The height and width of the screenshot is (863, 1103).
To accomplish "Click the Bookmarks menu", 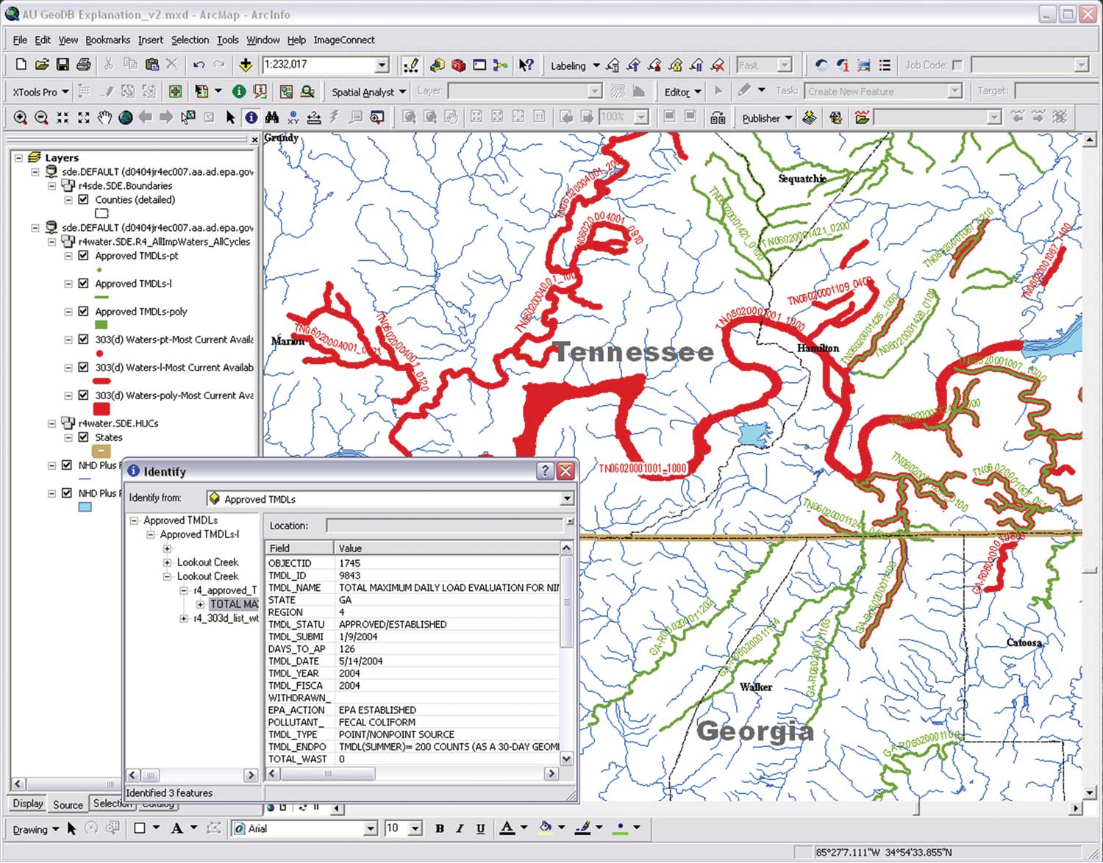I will coord(107,40).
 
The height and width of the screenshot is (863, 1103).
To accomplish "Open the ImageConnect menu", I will coord(343,40).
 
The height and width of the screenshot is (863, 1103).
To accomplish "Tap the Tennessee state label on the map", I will coord(633,352).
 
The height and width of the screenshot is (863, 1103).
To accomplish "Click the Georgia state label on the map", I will coord(754,731).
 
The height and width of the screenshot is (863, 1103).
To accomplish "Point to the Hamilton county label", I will coord(818,348).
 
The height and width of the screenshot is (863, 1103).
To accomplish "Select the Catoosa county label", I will coord(1024,642).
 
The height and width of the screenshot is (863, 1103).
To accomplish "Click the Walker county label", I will coord(756,687).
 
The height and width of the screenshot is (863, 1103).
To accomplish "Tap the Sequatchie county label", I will coord(802,179).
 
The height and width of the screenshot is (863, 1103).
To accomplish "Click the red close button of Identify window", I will coord(565,471).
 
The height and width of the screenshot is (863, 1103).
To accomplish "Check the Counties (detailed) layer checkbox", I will coord(84,200).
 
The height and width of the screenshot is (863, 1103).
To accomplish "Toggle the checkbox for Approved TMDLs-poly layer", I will coord(84,312).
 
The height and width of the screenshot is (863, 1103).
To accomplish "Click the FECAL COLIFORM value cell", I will coord(376,722).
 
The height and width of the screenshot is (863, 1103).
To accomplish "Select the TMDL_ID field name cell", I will coord(288,576).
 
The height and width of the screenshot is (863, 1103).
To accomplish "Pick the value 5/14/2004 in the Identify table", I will coord(360,661).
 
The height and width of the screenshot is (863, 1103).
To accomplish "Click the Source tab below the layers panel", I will coord(68,804).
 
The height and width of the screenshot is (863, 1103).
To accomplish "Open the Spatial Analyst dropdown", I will coord(368,92).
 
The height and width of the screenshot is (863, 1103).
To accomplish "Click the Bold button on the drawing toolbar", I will coord(440,828).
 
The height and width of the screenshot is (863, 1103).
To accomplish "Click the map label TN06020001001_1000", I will coord(642,468).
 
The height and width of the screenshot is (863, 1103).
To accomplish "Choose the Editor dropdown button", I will coord(682,92).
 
